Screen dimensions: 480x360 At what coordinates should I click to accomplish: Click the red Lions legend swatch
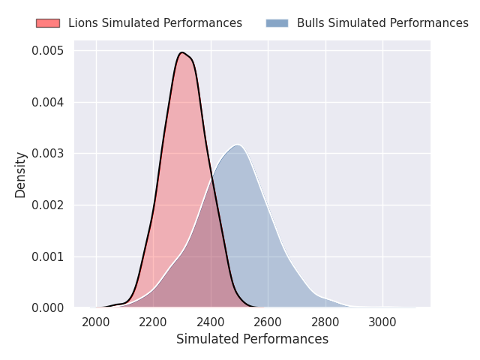coord(48,23)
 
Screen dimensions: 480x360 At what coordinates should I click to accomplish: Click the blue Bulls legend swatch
coord(277,23)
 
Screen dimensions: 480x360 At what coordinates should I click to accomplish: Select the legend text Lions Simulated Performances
coord(155,23)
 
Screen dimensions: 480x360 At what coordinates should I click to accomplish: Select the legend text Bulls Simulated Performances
coord(382,23)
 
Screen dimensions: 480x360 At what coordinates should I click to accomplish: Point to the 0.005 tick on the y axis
coord(48,50)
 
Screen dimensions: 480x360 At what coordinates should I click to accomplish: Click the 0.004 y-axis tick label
coord(48,102)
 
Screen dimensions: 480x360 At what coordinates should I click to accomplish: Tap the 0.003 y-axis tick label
coord(48,153)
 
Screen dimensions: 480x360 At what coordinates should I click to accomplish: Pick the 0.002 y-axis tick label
coord(48,205)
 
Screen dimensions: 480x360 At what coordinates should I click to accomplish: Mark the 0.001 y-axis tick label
coord(48,256)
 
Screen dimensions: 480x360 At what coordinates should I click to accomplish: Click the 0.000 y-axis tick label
coord(48,307)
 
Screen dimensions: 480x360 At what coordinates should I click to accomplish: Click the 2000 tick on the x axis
coord(96,322)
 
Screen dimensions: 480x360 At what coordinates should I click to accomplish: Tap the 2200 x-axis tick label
coord(153,322)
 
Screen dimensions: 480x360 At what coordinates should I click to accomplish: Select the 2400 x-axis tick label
coord(211,322)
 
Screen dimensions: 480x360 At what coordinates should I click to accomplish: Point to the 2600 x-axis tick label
coord(268,322)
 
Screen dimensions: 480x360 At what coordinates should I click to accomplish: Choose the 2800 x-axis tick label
coord(325,322)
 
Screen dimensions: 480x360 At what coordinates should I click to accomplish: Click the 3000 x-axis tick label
coord(382,322)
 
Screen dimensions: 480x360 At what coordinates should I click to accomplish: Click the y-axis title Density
coord(20,175)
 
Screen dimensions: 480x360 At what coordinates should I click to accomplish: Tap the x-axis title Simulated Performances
coord(252,339)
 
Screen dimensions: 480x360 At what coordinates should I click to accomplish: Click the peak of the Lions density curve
coord(182,52)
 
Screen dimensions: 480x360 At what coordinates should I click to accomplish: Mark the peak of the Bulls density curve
coord(238,145)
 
